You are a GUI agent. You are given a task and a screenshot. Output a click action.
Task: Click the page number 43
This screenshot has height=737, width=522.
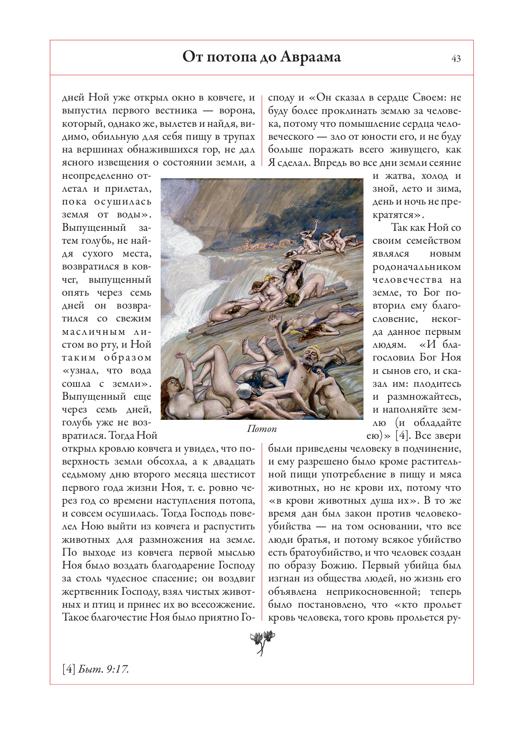pos(456,58)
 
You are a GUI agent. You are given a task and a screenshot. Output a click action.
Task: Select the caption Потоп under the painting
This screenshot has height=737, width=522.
pos(262,429)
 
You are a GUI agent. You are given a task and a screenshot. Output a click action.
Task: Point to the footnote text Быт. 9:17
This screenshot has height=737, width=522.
pos(104,669)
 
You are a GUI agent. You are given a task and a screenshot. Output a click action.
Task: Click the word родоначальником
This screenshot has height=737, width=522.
pos(416,267)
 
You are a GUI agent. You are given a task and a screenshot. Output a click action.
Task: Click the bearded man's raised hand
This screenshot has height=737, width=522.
pos(272,319)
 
